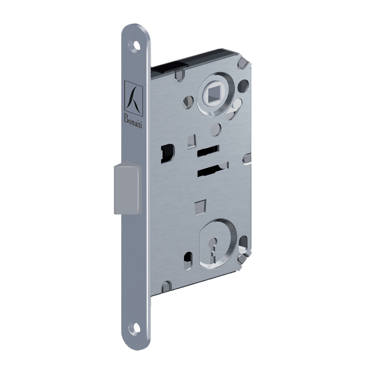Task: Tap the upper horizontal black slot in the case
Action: coord(208,150)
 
